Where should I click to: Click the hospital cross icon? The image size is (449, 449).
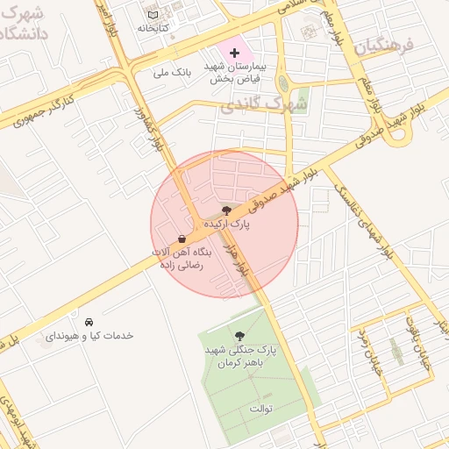pyautogui.click(x=233, y=53)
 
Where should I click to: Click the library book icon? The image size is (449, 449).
pyautogui.click(x=153, y=15)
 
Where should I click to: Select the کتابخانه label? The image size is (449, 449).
pyautogui.click(x=153, y=28)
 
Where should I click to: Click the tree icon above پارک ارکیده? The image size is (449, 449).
pyautogui.click(x=227, y=210)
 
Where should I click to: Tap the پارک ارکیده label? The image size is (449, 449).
pyautogui.click(x=227, y=224)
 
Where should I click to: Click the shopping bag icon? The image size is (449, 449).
pyautogui.click(x=182, y=239)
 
